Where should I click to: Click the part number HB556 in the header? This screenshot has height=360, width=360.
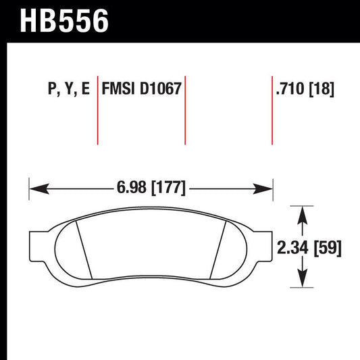tap(65, 21)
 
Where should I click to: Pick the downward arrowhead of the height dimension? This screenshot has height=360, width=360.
tap(303, 284)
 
